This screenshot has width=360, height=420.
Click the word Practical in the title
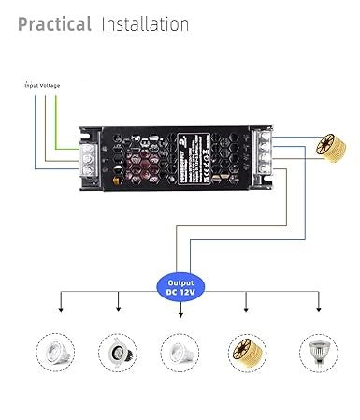point(54,23)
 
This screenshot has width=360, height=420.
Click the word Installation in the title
point(145,23)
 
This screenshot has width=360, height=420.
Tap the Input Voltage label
point(42,85)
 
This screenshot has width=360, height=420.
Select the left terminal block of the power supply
point(92,158)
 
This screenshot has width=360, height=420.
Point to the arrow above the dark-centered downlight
point(119,309)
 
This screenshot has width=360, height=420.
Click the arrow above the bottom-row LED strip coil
point(246,309)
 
